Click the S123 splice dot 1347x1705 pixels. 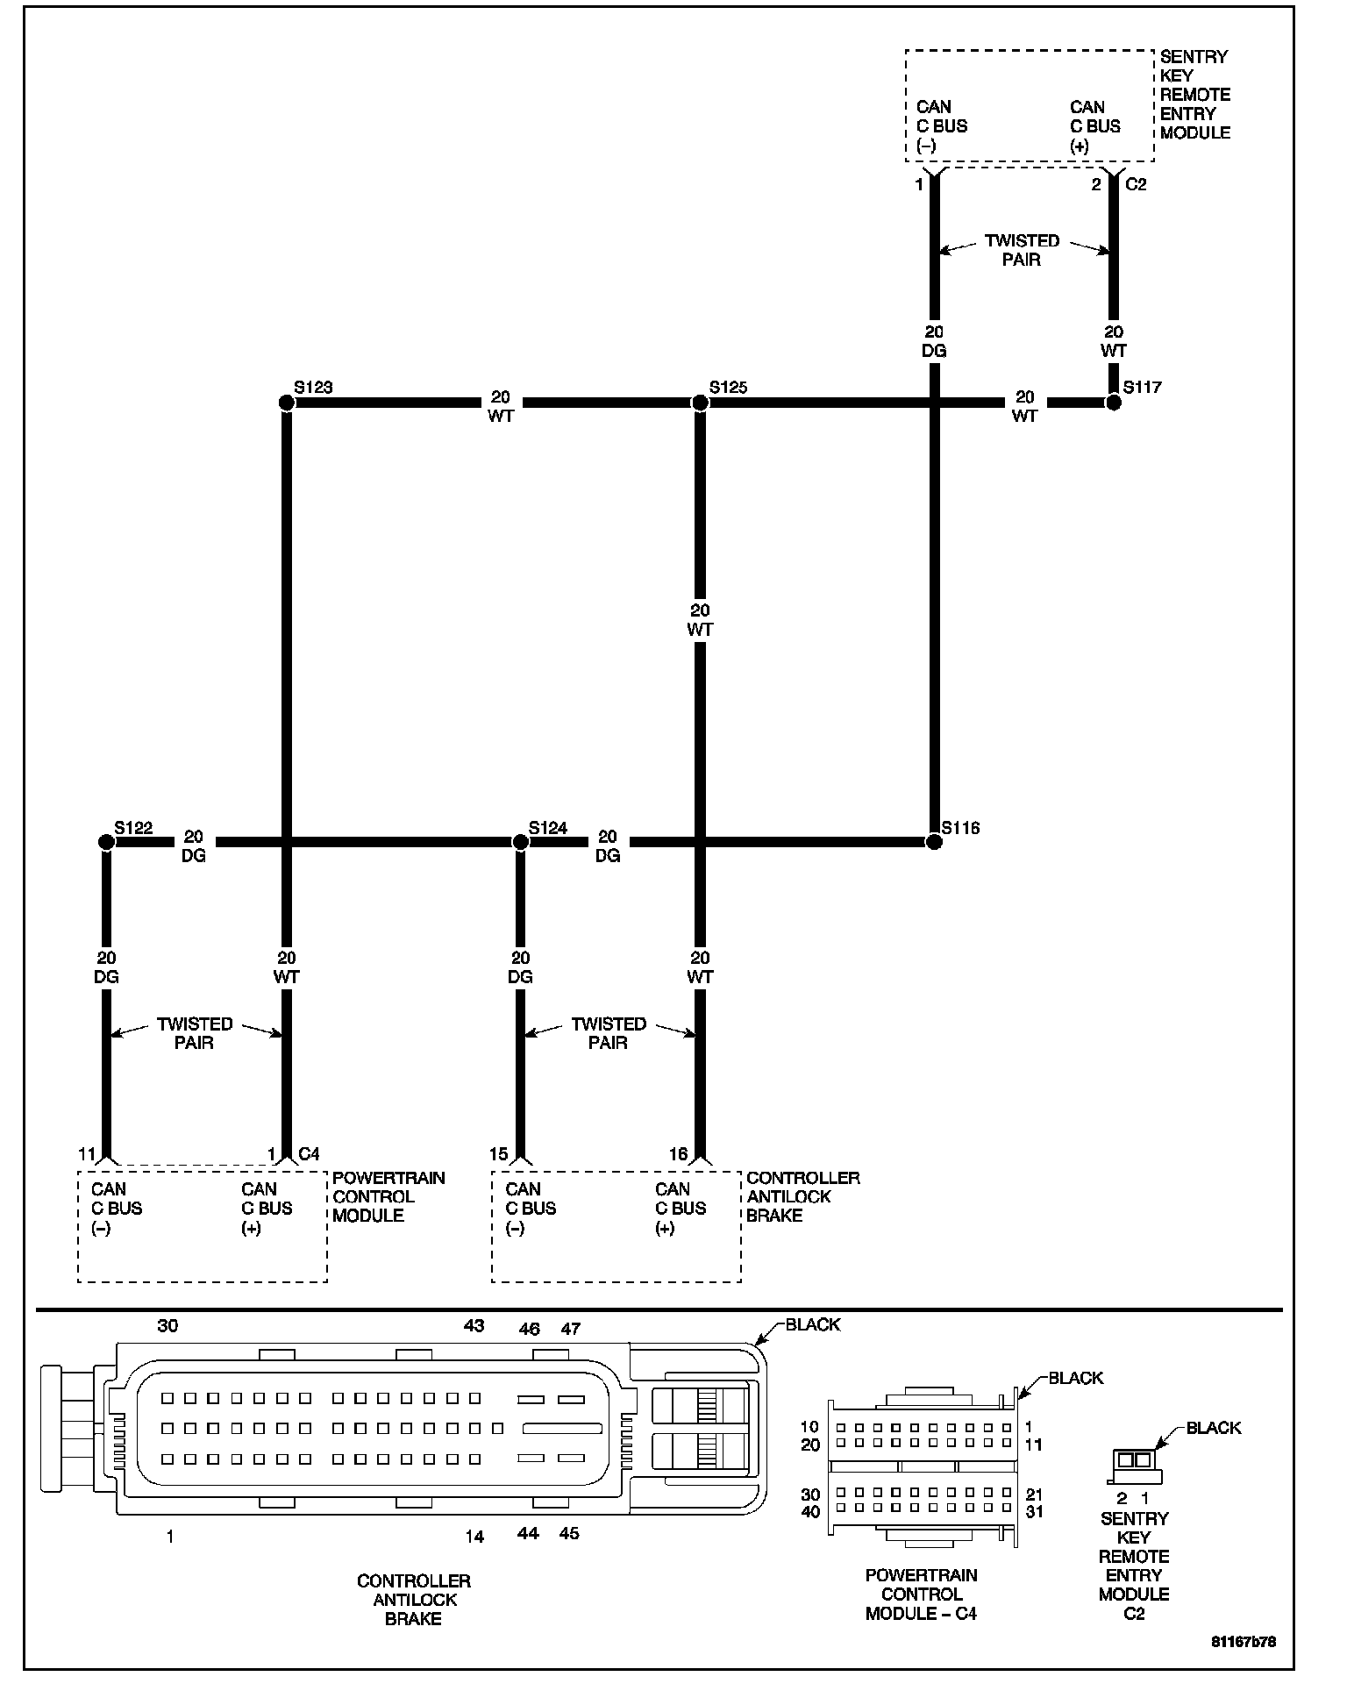[x=286, y=403]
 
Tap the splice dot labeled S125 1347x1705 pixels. [x=700, y=403]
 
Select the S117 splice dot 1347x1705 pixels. [x=1113, y=403]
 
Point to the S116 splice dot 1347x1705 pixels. [x=934, y=842]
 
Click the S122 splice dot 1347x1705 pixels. [x=106, y=842]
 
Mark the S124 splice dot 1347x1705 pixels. [x=520, y=842]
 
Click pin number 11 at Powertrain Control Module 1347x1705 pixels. [x=86, y=1153]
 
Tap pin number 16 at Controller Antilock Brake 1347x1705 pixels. [x=679, y=1154]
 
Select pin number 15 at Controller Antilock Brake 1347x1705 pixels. [x=499, y=1154]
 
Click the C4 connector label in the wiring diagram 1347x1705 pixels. [x=309, y=1153]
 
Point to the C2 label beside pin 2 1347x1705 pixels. [x=1136, y=184]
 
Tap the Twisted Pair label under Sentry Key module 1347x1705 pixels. [x=1022, y=250]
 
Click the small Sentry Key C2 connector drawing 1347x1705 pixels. [x=1135, y=1459]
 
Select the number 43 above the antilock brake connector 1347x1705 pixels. [x=474, y=1325]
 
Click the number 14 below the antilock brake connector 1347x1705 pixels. [x=474, y=1537]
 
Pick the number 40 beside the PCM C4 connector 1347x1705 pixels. [x=810, y=1512]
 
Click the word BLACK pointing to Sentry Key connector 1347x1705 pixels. [x=1214, y=1428]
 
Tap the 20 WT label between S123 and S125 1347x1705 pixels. [x=501, y=407]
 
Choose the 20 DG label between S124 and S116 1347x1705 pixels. [x=608, y=846]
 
